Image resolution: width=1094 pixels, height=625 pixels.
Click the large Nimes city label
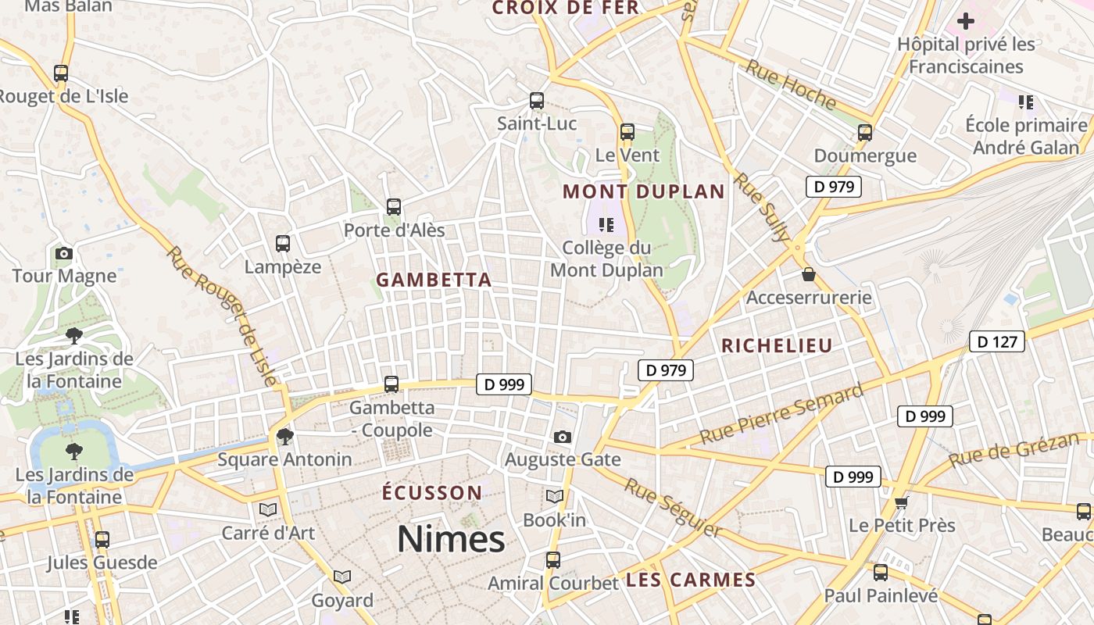coord(451,539)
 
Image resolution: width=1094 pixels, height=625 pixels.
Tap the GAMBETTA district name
coord(434,280)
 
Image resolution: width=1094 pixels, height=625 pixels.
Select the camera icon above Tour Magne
coord(64,253)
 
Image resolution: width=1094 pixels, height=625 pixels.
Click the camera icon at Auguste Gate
coord(562,437)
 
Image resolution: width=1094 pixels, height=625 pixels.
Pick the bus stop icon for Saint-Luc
coord(537,100)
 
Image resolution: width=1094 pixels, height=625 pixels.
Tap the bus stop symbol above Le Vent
coord(627,131)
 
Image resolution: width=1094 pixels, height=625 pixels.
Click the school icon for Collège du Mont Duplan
coord(606,225)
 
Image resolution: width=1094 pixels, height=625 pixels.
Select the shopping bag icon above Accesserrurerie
coord(809,274)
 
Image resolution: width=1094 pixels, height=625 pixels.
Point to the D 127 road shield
coord(996,341)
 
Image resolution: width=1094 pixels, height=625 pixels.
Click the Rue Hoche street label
coord(790,84)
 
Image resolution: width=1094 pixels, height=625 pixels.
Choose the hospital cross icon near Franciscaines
coord(966,21)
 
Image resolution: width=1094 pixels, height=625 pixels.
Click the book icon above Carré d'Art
coord(268,509)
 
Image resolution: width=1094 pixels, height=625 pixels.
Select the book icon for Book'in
coord(554,496)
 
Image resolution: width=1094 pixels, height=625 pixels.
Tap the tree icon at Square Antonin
coord(284,436)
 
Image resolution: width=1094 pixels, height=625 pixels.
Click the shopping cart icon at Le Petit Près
coord(902,502)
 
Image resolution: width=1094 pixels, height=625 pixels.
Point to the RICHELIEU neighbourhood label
coord(777,345)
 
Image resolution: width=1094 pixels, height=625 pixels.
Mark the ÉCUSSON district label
coord(432,493)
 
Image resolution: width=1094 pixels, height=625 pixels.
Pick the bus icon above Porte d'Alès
coord(394,207)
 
